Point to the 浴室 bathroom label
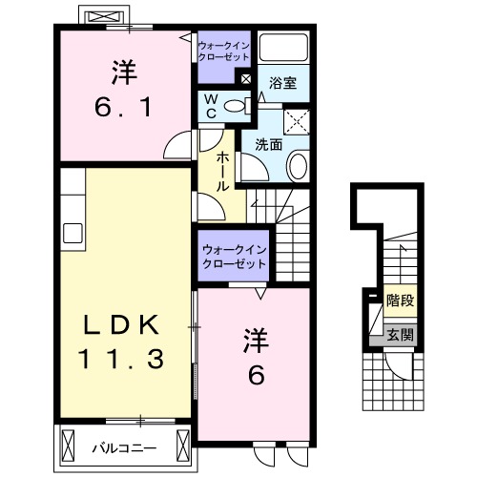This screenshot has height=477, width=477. tap(283, 83)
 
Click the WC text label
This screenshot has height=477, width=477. tap(212, 105)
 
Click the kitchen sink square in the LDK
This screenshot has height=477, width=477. tap(73, 232)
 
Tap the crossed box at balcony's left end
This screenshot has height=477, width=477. tap(69, 445)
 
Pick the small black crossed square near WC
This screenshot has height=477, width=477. tap(247, 80)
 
